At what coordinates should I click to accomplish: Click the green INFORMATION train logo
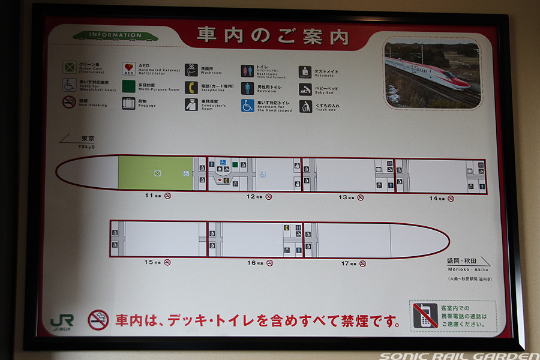[107, 35]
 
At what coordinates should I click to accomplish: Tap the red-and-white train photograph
[432, 74]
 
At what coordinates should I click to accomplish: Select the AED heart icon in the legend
[129, 68]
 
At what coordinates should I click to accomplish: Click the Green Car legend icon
[70, 67]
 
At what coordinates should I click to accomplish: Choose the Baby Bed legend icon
[305, 89]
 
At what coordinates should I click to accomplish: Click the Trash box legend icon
[305, 106]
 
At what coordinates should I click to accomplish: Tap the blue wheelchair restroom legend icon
[248, 106]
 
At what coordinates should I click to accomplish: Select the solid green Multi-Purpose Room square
[129, 86]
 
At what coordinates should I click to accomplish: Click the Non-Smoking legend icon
[70, 102]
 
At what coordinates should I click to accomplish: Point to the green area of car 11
[155, 173]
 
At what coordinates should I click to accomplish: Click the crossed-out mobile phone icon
[425, 316]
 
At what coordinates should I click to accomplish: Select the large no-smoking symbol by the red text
[98, 320]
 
